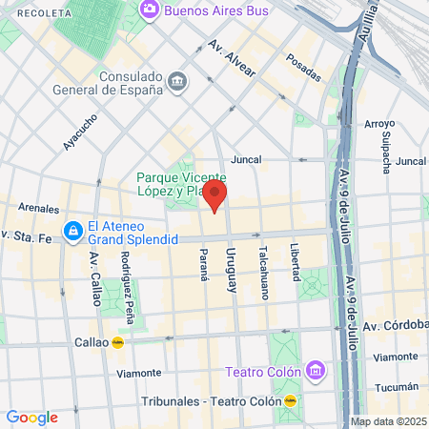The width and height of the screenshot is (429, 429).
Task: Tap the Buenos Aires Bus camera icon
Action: click(149, 10)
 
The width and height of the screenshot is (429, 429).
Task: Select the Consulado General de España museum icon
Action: click(178, 82)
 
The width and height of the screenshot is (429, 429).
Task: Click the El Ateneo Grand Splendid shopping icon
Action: click(72, 231)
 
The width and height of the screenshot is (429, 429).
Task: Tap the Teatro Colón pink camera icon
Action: click(315, 370)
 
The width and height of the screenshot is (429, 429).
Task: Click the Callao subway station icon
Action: click(118, 342)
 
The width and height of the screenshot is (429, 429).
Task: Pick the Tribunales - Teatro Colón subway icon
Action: click(290, 401)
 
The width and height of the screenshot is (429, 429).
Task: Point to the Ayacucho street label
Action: click(81, 133)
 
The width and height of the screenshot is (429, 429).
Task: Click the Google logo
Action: click(31, 417)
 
